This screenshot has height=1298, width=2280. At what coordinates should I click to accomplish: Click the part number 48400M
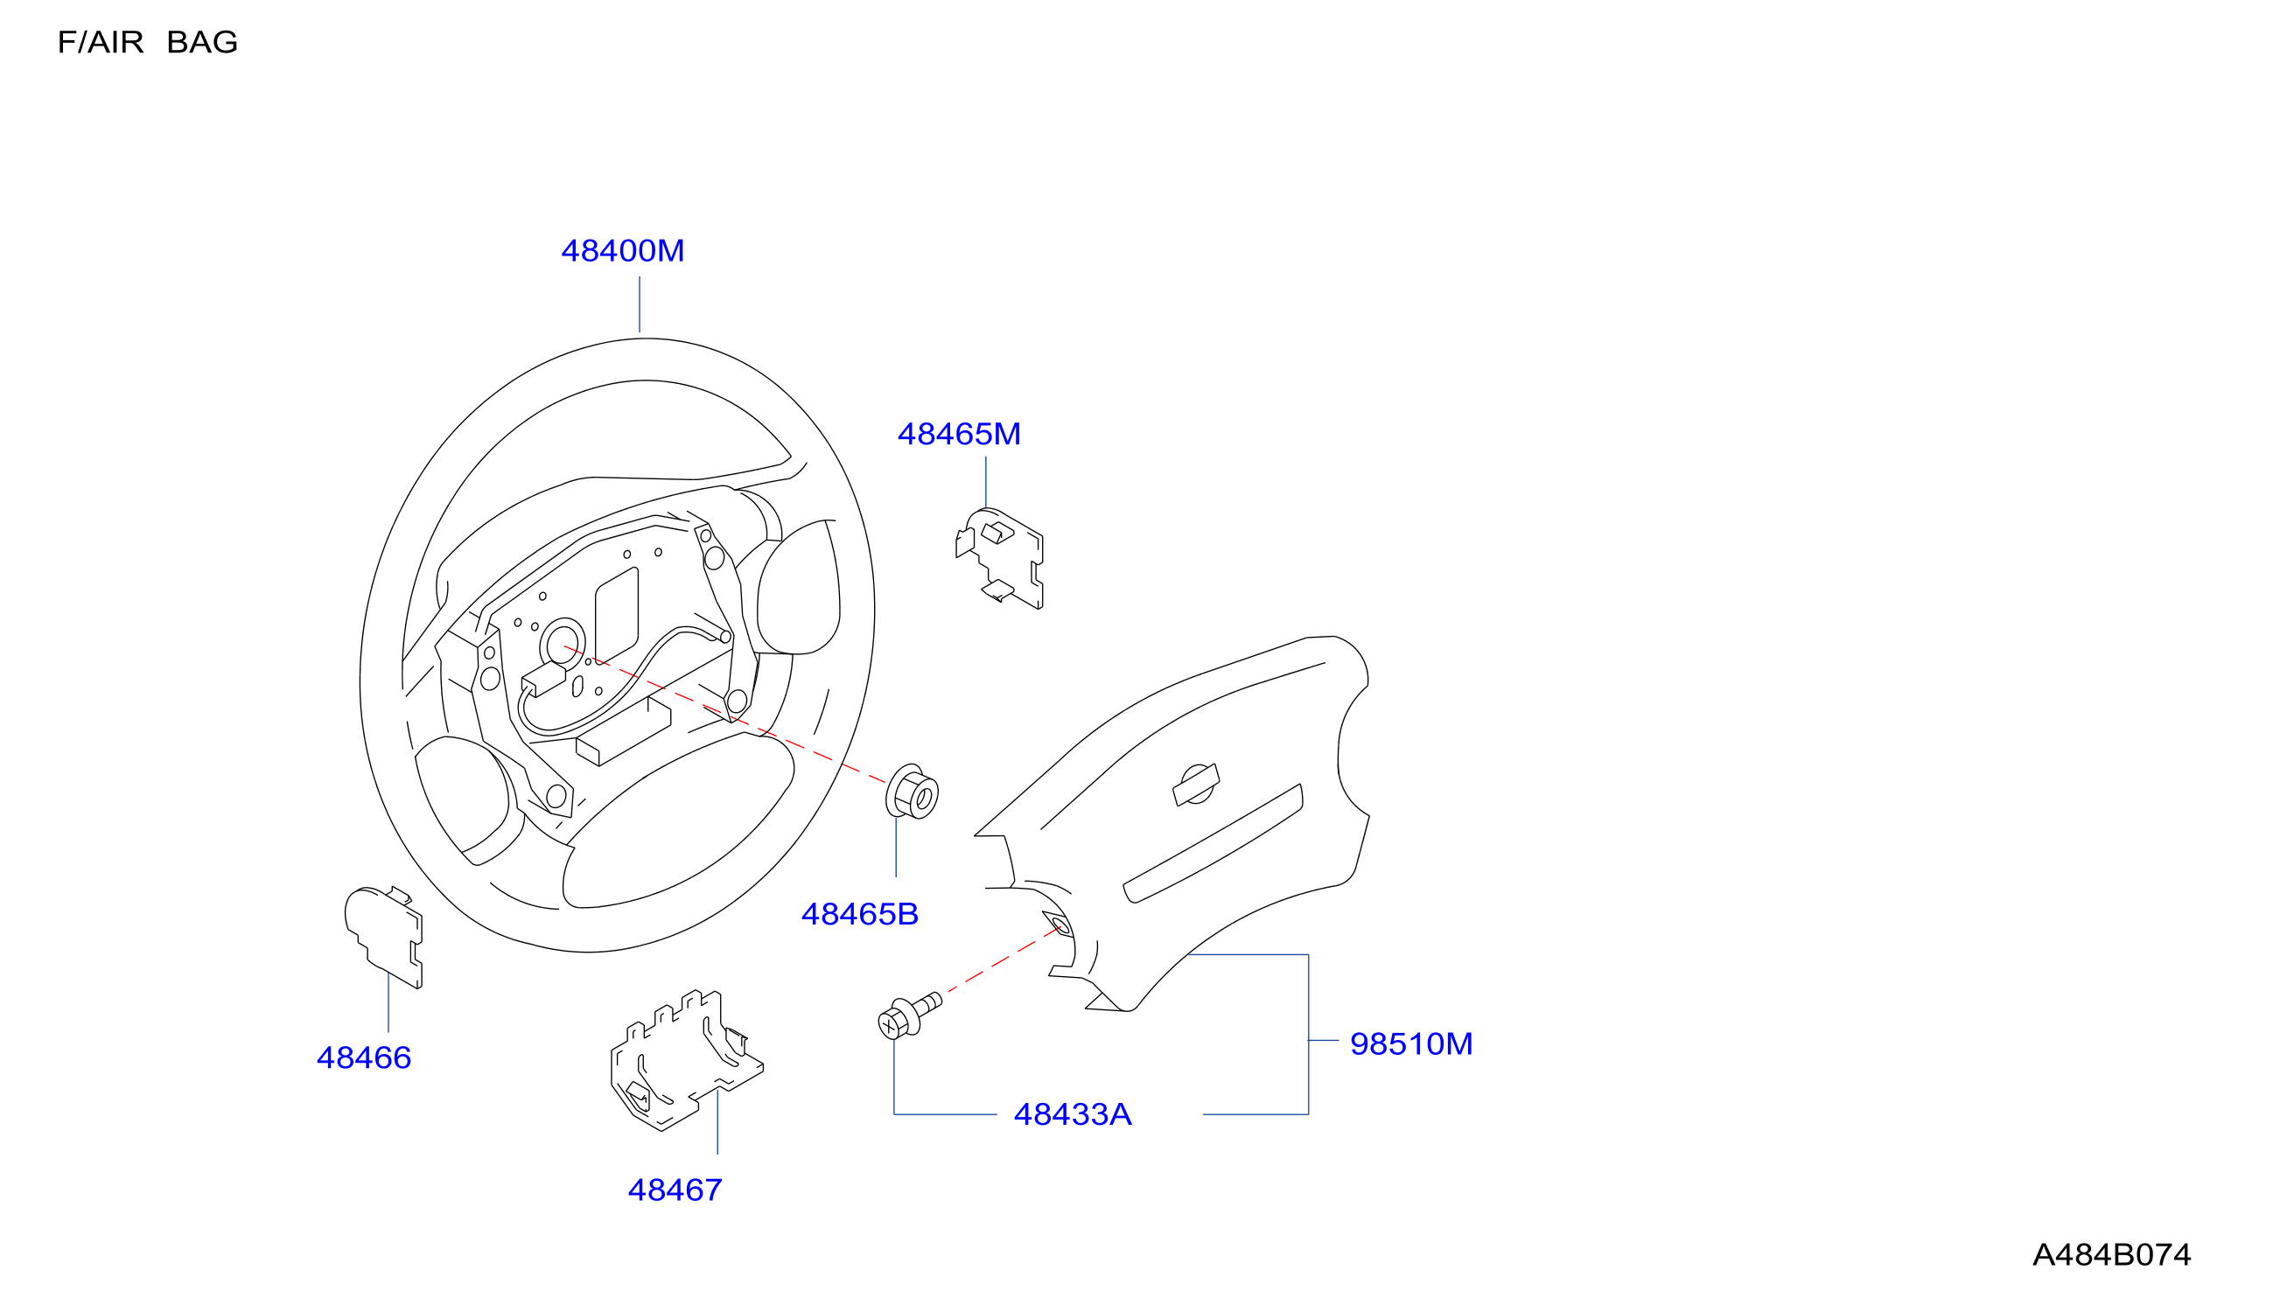point(622,251)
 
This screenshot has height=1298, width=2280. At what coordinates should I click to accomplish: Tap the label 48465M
point(959,434)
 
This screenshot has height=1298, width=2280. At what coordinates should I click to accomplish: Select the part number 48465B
point(859,915)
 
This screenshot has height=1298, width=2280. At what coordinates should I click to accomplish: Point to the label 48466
point(364,1058)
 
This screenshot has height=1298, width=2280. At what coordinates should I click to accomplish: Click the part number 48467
point(675,1190)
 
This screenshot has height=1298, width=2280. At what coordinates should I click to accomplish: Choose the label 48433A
point(1073,1114)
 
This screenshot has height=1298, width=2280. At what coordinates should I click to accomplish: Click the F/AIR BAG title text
point(148,43)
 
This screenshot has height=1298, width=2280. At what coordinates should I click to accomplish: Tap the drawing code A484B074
point(2111,1255)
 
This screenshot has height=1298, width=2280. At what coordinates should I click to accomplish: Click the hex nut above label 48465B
point(912,792)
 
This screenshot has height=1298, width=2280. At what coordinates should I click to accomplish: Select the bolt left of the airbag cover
point(909,1016)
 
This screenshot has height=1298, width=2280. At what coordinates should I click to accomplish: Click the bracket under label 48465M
point(999,559)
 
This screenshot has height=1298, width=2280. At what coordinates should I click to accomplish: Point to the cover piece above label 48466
point(383,937)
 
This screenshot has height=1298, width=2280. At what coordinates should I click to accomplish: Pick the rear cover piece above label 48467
point(687,1060)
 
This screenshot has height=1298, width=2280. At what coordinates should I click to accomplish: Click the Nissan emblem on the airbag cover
point(1196,785)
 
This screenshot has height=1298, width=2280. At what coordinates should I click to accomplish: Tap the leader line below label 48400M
point(640,304)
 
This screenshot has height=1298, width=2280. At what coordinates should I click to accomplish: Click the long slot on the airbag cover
point(1213,843)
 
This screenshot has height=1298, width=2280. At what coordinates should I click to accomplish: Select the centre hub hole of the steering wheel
point(563,643)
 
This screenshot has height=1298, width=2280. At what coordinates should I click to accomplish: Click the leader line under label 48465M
point(985,482)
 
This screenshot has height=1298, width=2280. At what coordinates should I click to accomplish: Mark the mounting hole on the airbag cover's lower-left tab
point(1060,926)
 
